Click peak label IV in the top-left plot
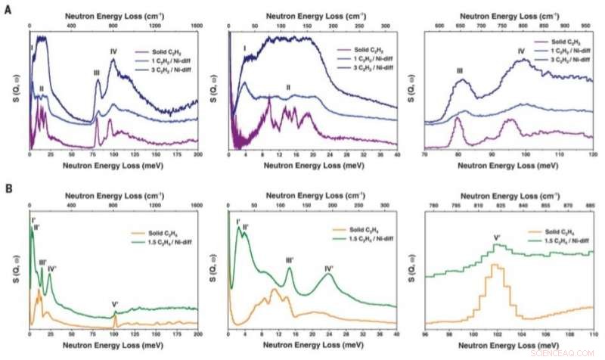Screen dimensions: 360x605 pyautogui.click(x=113, y=51)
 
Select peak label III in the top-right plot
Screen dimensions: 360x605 pyautogui.click(x=460, y=71)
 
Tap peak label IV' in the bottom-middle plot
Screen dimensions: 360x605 pyautogui.click(x=329, y=268)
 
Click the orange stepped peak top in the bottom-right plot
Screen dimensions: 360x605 pyautogui.click(x=496, y=265)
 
